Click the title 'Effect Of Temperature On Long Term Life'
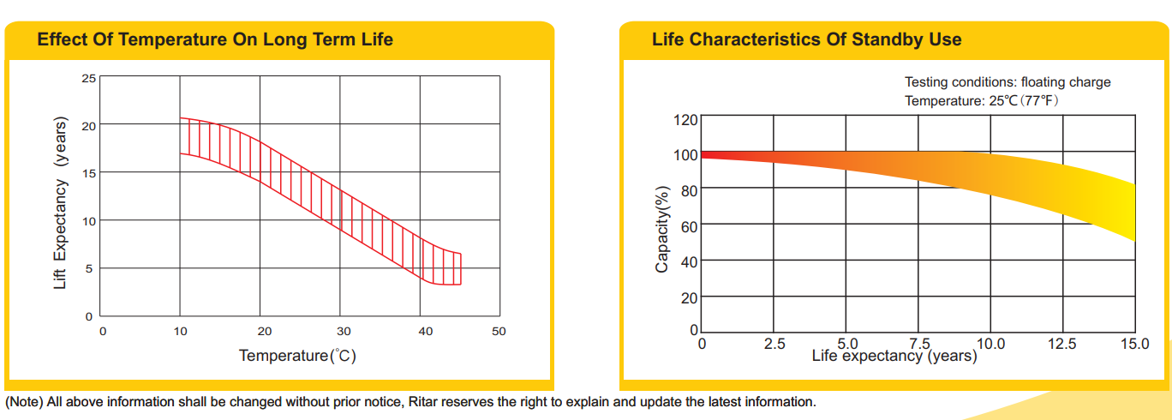(215, 39)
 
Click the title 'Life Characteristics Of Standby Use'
(806, 39)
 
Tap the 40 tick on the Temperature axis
(425, 331)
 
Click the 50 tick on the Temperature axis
(499, 331)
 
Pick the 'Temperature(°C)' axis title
(297, 355)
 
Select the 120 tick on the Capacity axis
(686, 119)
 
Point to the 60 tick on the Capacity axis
(689, 226)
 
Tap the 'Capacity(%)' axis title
(661, 229)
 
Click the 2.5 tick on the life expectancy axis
(774, 344)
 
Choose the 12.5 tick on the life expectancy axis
(1063, 344)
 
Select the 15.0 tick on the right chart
(1135, 344)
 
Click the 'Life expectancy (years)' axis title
(894, 355)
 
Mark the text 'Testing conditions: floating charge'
(1008, 82)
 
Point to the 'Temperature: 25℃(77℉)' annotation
(989, 100)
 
